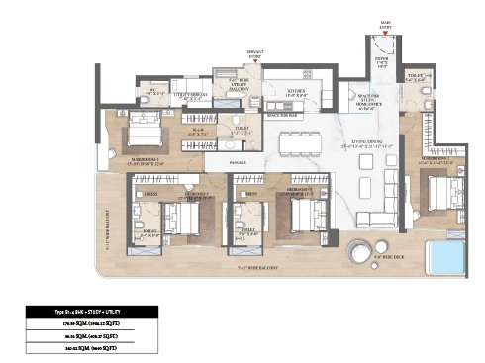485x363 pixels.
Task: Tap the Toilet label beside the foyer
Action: [415, 80]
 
